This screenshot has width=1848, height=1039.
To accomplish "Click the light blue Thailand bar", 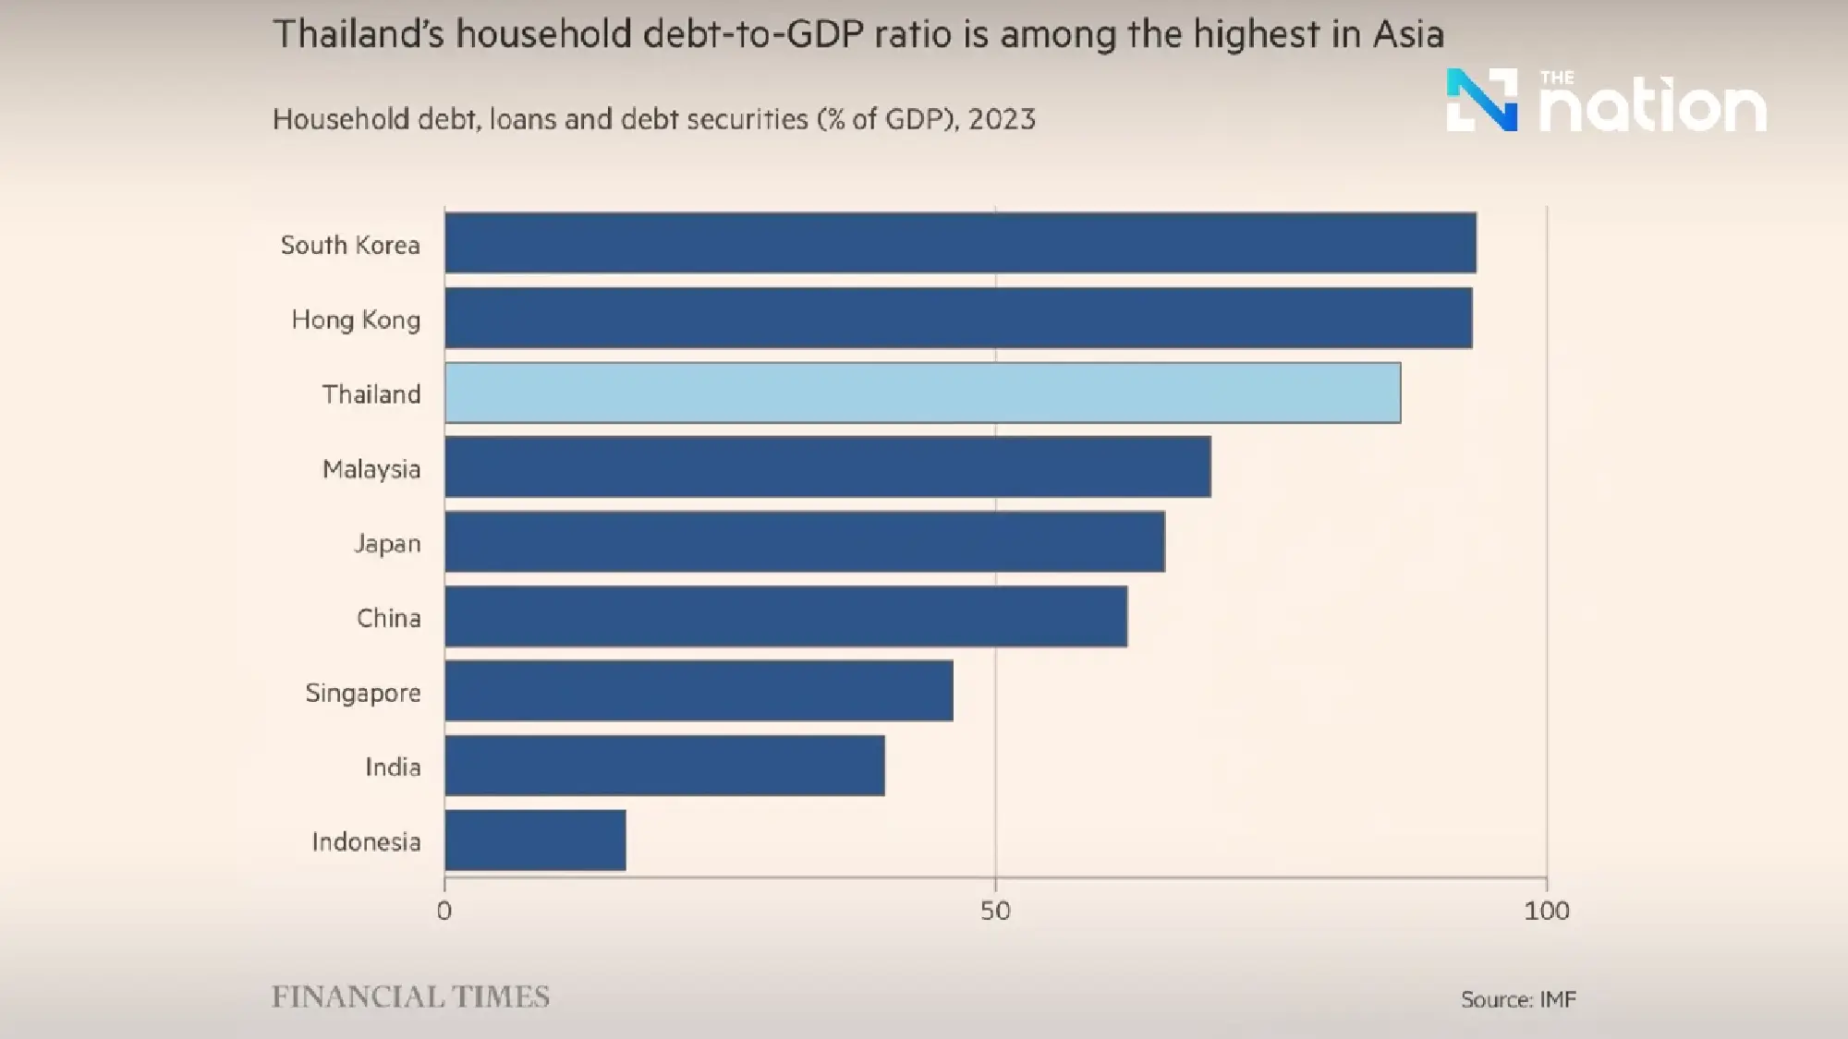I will pos(922,393).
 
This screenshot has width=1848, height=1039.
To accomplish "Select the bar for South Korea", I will pos(960,243).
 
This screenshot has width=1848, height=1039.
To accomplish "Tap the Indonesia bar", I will pos(535,840).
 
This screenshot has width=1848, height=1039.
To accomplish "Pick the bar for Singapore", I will pos(699,691).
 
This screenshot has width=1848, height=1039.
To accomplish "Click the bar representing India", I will pos(664,766).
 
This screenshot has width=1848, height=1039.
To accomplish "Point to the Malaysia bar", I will pos(827,467).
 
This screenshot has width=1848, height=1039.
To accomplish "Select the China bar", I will pos(785,616).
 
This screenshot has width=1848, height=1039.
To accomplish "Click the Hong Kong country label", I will pos(356,320).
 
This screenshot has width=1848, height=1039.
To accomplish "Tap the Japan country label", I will pos(387,544).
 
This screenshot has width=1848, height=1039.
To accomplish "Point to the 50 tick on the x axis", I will pos(995,912).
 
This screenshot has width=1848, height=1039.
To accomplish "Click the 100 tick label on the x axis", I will pos(1546,912).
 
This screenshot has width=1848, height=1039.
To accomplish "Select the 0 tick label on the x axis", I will pos(444,912).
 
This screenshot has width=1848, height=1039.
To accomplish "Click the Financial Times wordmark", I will pos(410,997).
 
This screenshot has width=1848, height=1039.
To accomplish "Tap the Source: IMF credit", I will pos(1518,999).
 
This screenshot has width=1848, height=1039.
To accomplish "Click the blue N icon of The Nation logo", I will pos(1481,100).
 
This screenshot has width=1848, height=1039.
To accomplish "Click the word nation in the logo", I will pos(1653,109).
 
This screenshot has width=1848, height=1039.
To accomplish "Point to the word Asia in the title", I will pos(1407,35).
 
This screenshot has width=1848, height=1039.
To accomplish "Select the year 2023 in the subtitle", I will pos(1002,120).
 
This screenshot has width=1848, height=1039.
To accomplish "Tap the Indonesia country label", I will pos(366,842).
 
